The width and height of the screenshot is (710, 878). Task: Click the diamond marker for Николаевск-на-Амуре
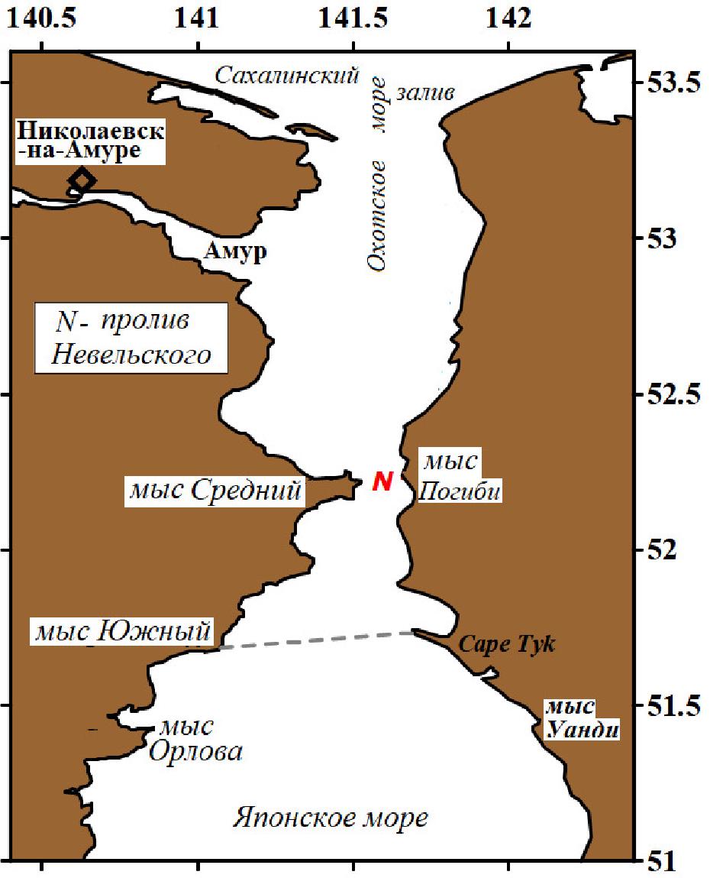82,180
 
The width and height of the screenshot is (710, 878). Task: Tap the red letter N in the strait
382,481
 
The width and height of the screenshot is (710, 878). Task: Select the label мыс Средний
215,491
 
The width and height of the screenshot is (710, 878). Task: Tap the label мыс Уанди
580,719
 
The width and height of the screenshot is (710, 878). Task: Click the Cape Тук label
506,645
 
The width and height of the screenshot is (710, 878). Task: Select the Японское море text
330,818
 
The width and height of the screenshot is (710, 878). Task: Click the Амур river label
235,252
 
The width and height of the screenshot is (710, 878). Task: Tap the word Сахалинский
286,75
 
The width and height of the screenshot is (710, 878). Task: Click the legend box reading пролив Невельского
133,339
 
